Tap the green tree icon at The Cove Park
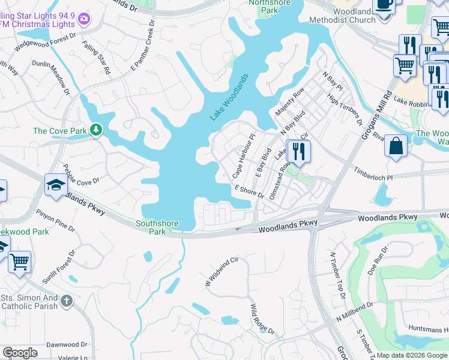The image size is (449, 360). [95, 130]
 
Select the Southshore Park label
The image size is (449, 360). [157, 227]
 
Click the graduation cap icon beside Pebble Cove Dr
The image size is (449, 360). [56, 185]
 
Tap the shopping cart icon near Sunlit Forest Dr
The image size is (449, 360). [19, 262]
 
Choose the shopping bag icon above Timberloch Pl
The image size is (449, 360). [396, 146]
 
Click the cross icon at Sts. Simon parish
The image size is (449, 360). [66, 300]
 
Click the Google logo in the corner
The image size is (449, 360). [20, 353]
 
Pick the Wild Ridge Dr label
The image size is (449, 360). [262, 319]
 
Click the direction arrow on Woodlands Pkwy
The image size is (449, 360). [238, 229]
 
